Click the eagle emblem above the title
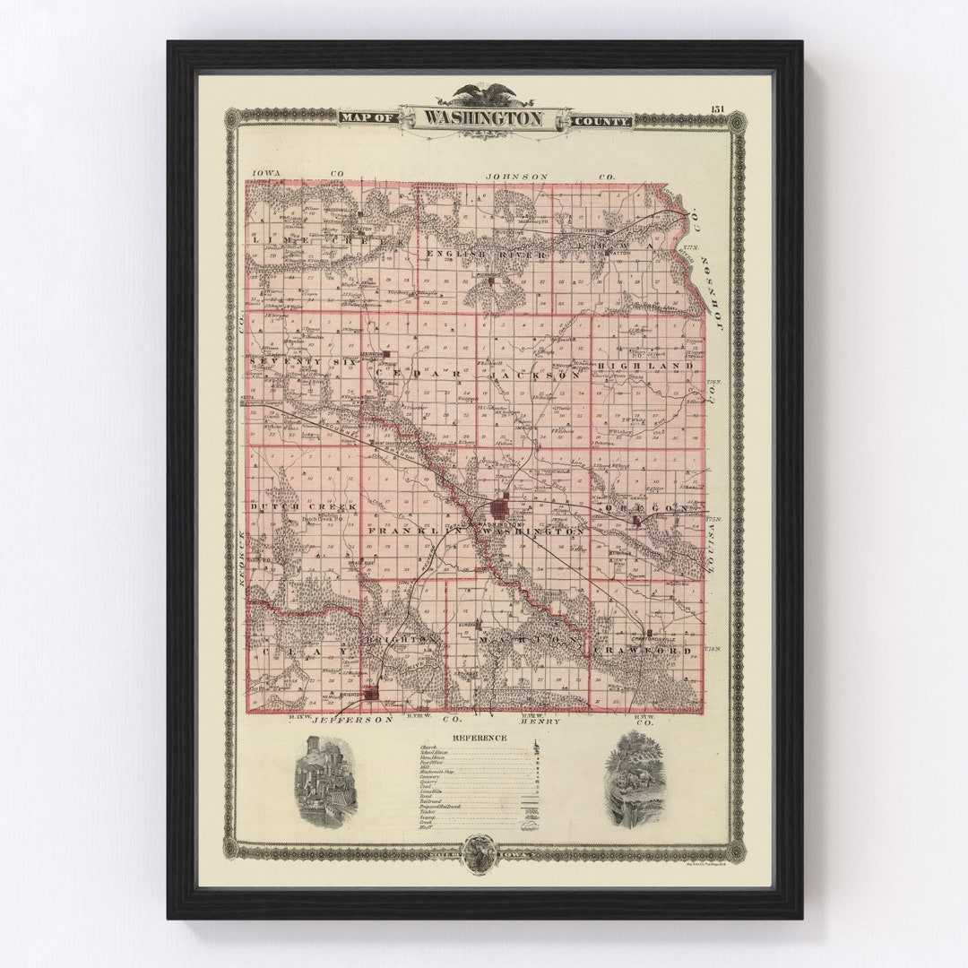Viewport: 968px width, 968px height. pyautogui.click(x=483, y=93)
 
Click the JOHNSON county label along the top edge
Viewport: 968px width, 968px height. pyautogui.click(x=516, y=177)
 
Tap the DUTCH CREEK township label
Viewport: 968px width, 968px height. pyautogui.click(x=291, y=506)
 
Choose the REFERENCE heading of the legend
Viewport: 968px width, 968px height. pyautogui.click(x=480, y=738)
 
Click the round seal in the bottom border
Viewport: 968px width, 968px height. pyautogui.click(x=481, y=848)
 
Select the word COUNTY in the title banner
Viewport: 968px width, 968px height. pyautogui.click(x=601, y=120)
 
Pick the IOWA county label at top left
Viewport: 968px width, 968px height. pyautogui.click(x=267, y=172)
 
